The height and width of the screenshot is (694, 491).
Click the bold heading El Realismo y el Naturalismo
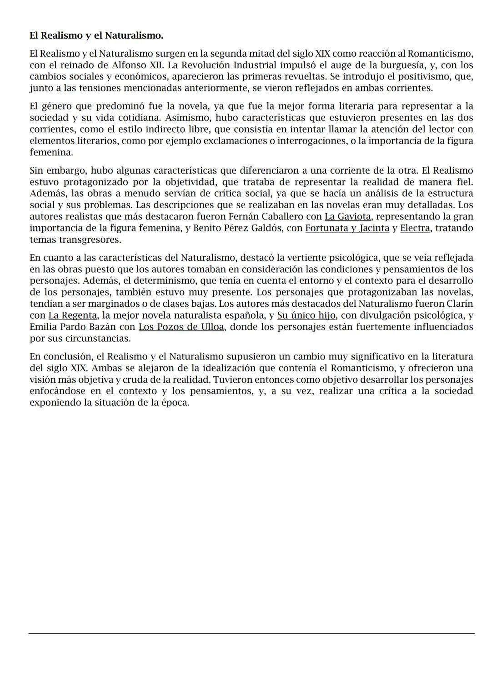[x=96, y=35]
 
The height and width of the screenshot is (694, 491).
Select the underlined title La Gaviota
[x=347, y=216]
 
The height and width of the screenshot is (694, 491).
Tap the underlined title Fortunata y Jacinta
[x=347, y=228]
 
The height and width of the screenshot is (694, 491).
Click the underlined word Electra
[x=415, y=228]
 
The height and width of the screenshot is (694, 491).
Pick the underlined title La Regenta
[x=72, y=315]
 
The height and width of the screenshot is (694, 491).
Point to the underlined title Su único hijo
[x=306, y=315]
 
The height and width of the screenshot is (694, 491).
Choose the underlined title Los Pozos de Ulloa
[x=181, y=327]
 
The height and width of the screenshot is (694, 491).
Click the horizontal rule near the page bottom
[x=251, y=633]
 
